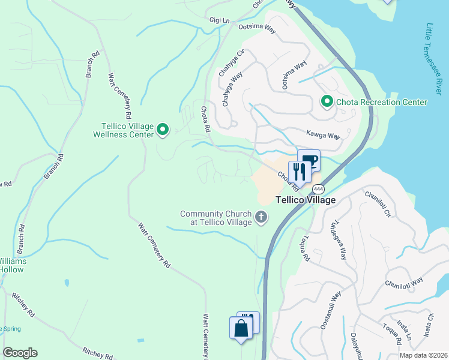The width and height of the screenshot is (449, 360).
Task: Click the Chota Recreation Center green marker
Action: (327, 102)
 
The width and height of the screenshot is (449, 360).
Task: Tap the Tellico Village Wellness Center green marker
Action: (163, 129)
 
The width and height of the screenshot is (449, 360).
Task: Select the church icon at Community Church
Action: (261, 217)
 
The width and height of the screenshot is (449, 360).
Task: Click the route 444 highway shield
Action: (318, 188)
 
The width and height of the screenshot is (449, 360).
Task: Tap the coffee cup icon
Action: (309, 160)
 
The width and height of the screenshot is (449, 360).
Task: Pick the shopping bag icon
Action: (241, 328)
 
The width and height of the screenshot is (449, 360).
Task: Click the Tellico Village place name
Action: (305, 200)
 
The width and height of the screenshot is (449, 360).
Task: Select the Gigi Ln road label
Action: (220, 20)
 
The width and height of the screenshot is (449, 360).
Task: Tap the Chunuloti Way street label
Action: (405, 282)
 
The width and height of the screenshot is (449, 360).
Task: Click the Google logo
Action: (20, 353)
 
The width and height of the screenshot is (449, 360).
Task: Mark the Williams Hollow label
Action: (12, 265)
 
